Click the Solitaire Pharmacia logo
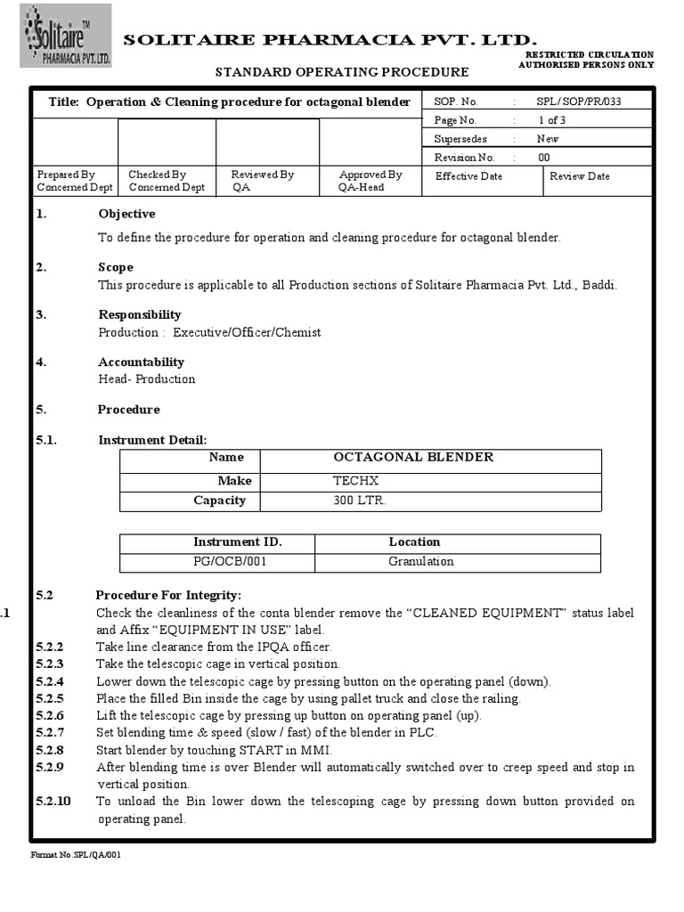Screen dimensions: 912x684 [x=67, y=36]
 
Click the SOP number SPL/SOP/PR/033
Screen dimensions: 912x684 [x=579, y=102]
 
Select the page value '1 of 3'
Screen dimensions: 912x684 [x=551, y=120]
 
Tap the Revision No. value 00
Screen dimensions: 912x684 [x=543, y=158]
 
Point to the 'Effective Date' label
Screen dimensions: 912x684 [x=468, y=176]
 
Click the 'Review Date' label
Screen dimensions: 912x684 [x=580, y=176]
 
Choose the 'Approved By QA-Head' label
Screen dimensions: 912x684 [x=370, y=181]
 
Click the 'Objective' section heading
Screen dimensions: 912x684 [x=126, y=214]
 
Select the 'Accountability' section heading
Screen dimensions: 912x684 [x=141, y=362]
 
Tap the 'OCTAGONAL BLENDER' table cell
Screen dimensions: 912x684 [x=413, y=457]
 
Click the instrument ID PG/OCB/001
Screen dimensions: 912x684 [x=230, y=562]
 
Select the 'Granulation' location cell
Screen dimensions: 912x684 [x=420, y=562]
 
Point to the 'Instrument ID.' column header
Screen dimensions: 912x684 [x=237, y=541]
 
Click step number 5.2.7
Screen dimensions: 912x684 [x=50, y=733]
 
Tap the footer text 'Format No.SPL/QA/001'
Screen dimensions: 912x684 [x=76, y=856]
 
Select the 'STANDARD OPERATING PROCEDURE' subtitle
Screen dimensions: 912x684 [x=343, y=72]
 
